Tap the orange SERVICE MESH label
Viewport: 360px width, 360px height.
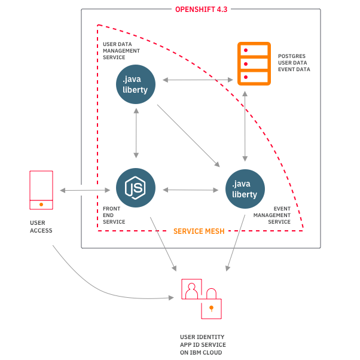point(199,231)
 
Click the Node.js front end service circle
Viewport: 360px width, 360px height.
point(136,188)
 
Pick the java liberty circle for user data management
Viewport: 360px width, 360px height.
point(136,84)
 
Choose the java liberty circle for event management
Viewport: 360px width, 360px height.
point(245,188)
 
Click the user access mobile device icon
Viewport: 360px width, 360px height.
point(41,190)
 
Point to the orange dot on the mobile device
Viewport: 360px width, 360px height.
point(41,205)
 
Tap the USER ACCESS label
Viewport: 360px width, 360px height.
point(41,226)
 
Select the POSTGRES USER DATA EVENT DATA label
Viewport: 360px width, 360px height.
point(294,63)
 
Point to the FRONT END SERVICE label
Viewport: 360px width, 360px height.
point(114,215)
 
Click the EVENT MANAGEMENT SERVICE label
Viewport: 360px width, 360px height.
point(272,215)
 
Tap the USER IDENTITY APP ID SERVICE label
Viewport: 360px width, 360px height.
point(203,345)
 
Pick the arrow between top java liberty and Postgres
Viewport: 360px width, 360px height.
point(197,80)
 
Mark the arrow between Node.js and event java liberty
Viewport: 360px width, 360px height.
point(190,190)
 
